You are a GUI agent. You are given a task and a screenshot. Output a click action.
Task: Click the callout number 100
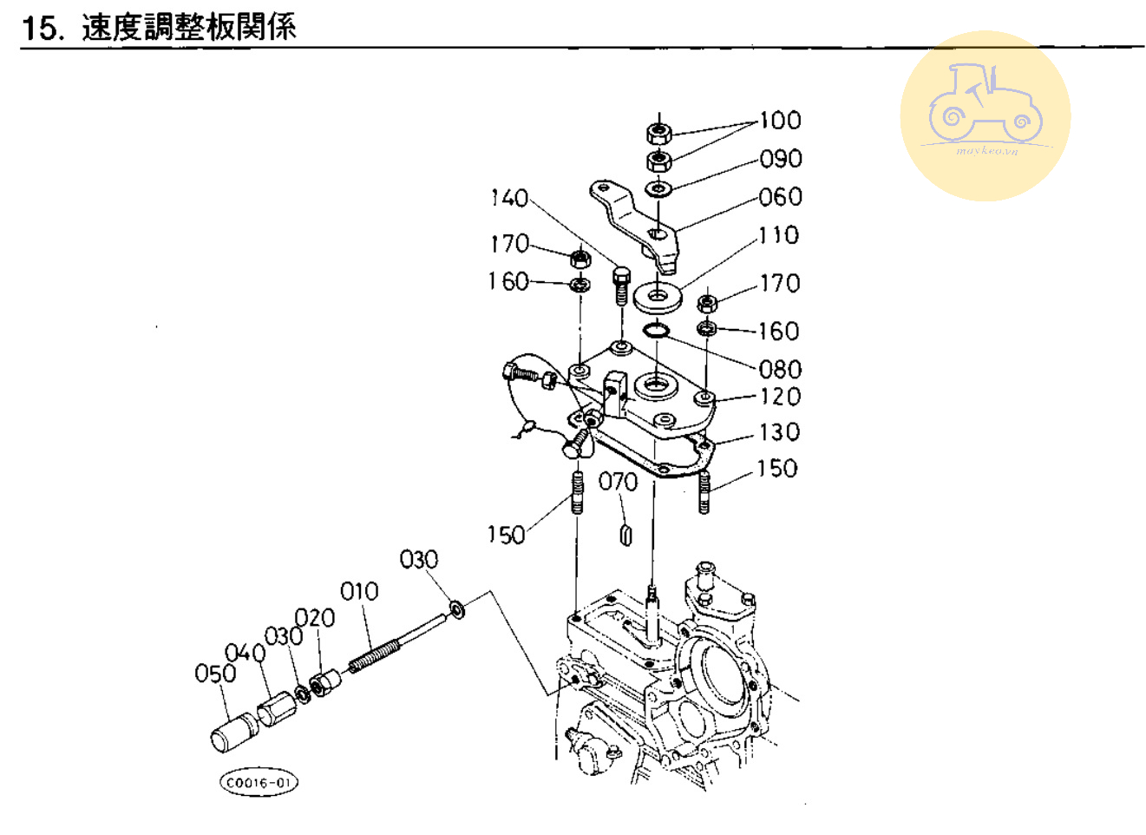pos(780,120)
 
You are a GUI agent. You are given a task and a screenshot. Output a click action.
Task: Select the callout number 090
pos(780,159)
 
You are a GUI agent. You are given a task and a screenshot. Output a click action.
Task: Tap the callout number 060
pos(780,197)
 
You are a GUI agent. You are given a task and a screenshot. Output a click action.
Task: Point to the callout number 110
pos(778,235)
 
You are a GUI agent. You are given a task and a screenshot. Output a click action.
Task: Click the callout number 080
pos(780,369)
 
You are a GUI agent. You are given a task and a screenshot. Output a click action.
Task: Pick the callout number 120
pos(780,397)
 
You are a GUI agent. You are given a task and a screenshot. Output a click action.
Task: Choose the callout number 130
pos(779,432)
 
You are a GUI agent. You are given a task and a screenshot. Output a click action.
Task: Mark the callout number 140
pos(509,198)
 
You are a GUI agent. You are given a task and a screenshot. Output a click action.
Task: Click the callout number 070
pos(618,482)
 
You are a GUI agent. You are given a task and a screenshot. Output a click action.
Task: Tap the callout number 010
pos(359,591)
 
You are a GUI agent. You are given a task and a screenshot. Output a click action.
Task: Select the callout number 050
pos(215,673)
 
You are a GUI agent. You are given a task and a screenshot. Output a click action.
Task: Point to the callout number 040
pos(245,653)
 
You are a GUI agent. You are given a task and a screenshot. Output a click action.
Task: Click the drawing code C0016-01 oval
pos(259,782)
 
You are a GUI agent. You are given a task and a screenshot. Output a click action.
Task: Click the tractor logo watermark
pos(985,115)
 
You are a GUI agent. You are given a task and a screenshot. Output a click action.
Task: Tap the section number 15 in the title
pos(42,28)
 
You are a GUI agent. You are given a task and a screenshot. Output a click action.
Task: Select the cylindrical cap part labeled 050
pos(232,732)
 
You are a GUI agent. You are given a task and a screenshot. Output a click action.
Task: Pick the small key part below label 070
pos(625,534)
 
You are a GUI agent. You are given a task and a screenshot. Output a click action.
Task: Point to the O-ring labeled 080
pos(657,330)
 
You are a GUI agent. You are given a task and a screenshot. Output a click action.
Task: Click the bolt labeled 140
pos(620,284)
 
